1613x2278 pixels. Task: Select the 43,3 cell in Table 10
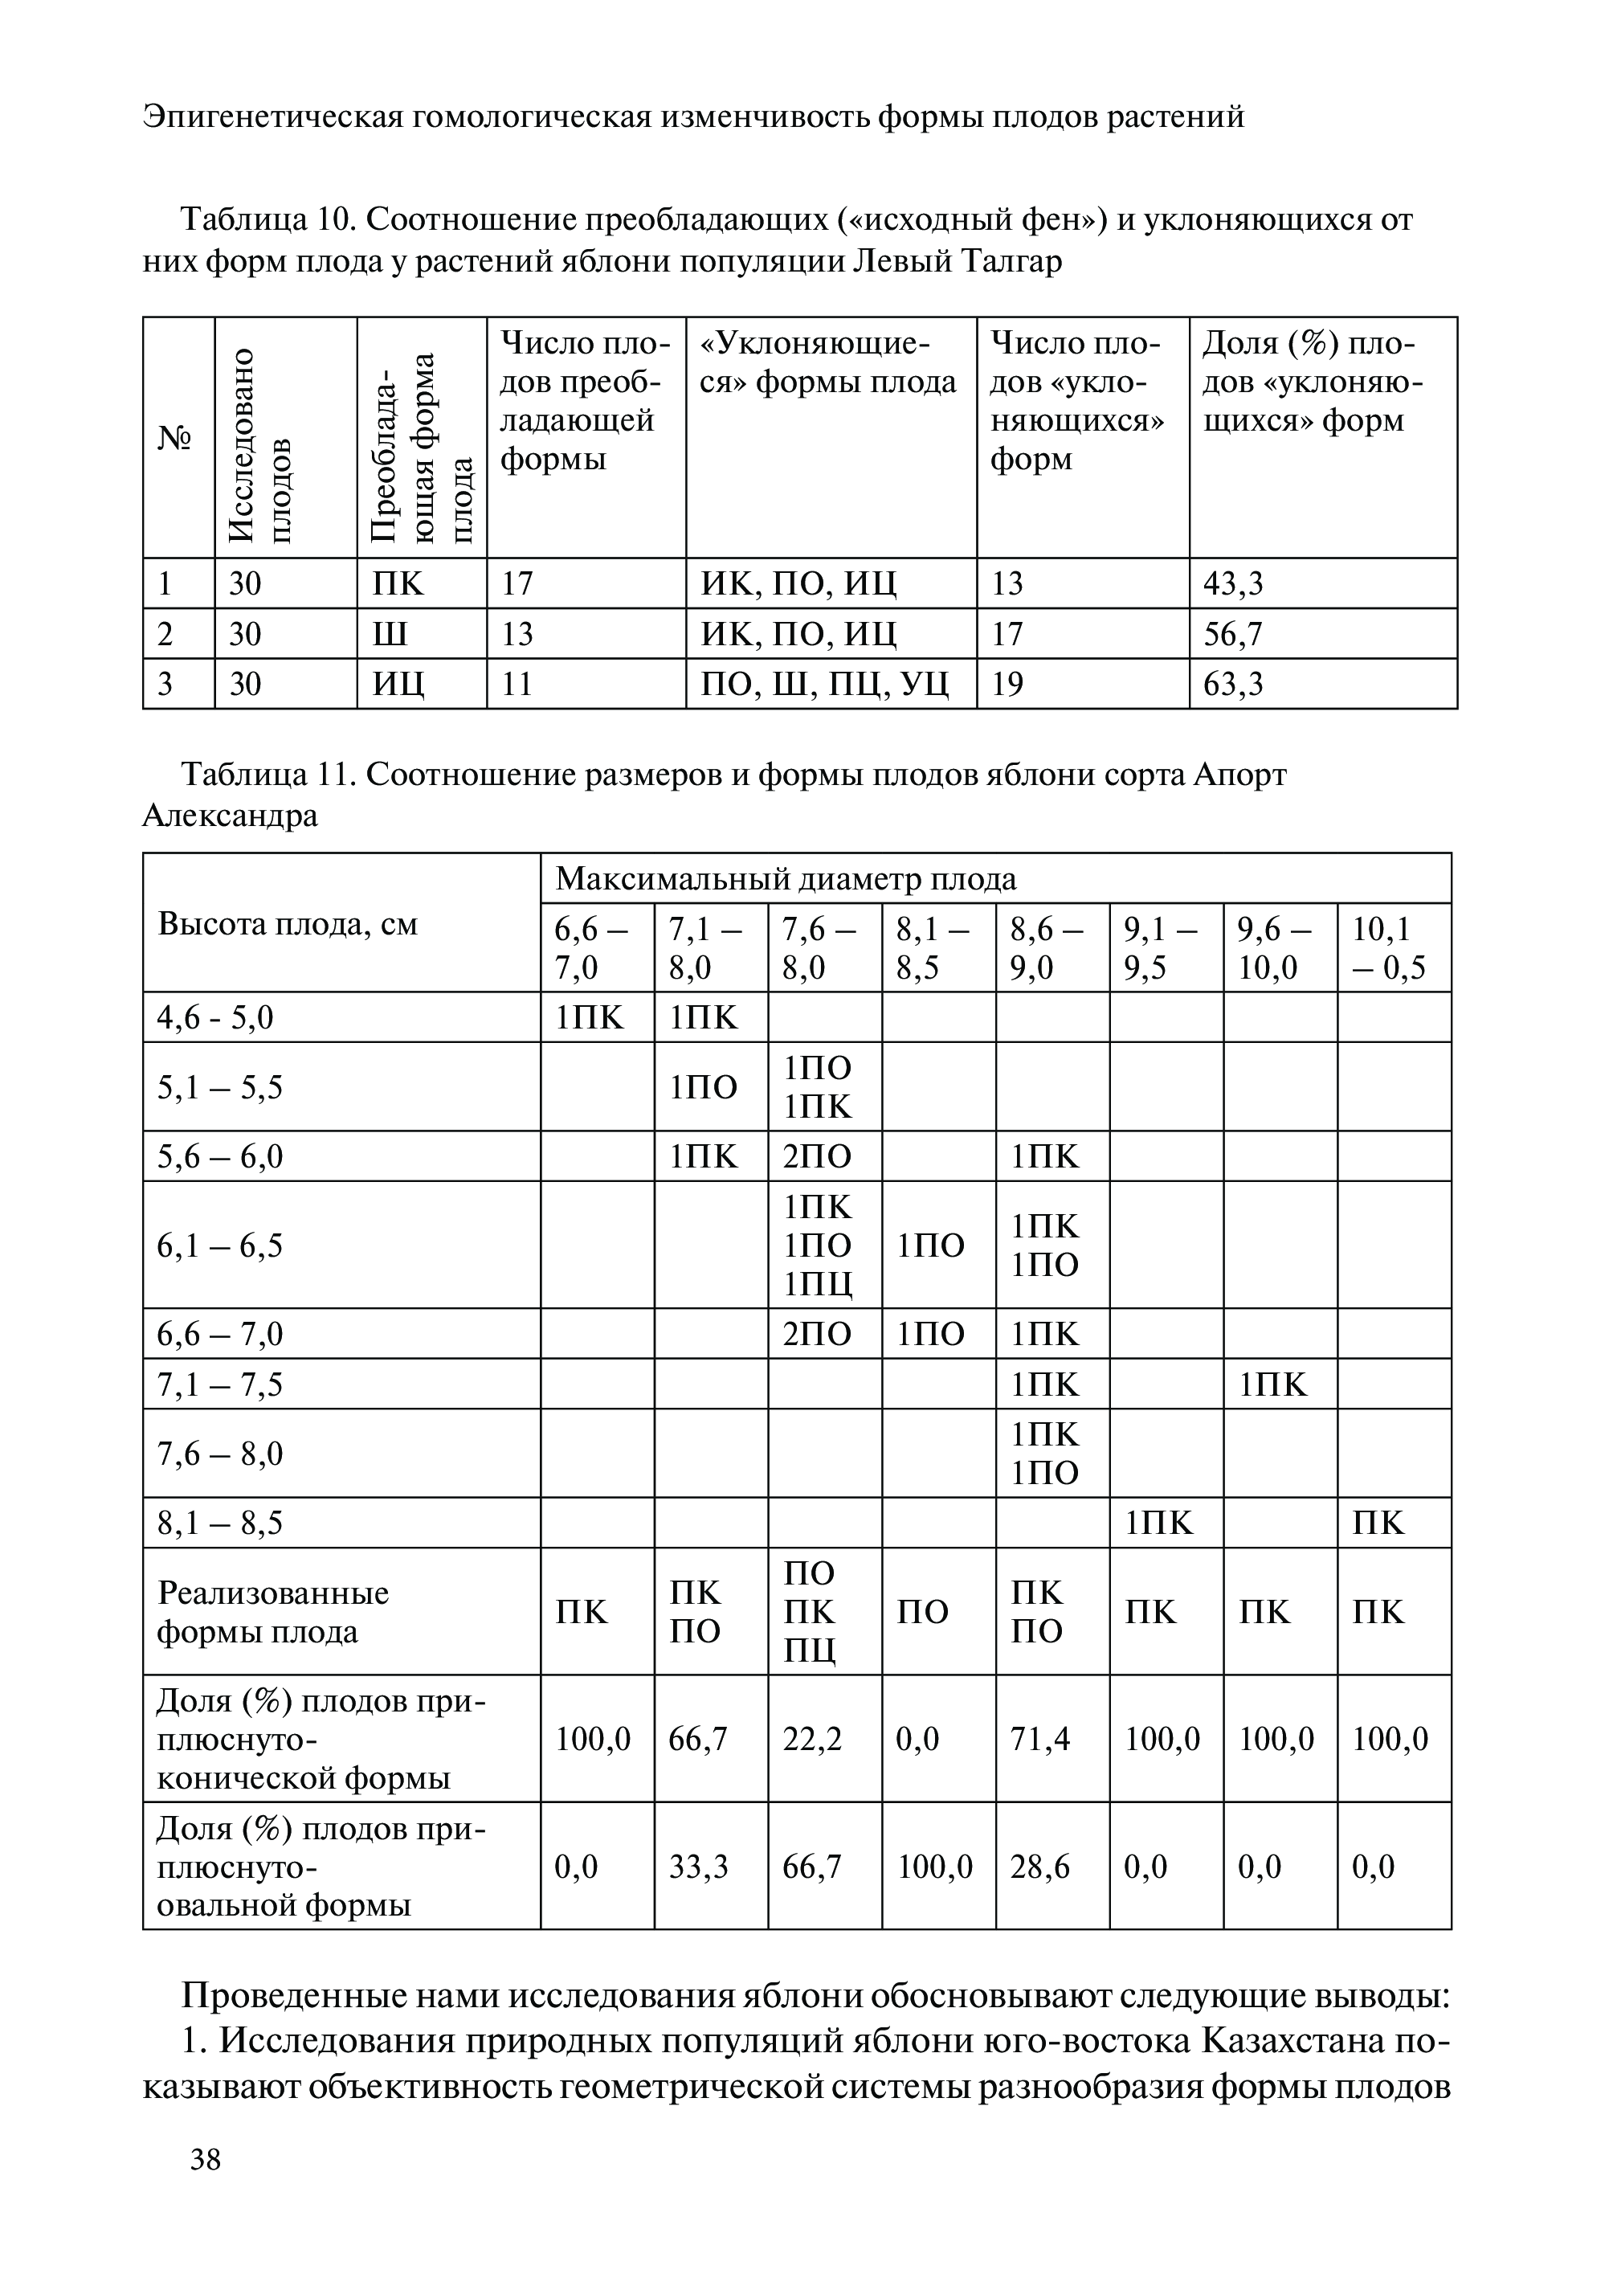pyautogui.click(x=1232, y=584)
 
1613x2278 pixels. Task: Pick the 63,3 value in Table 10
pyautogui.click(x=1232, y=685)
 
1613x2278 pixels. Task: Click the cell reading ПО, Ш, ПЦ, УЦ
pyautogui.click(x=824, y=685)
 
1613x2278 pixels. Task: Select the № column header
pyautogui.click(x=175, y=438)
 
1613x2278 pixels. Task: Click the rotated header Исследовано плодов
pyautogui.click(x=260, y=447)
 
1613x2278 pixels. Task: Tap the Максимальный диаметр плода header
pyautogui.click(x=786, y=879)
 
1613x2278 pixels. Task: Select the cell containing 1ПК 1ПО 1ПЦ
pyautogui.click(x=818, y=1245)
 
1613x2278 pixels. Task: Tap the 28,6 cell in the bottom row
pyautogui.click(x=1040, y=1867)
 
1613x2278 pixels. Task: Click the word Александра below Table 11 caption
pyautogui.click(x=231, y=816)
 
